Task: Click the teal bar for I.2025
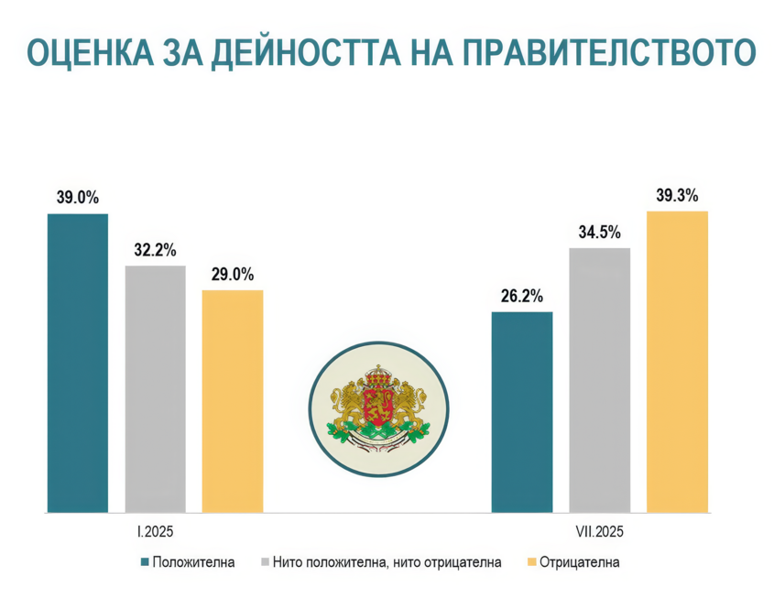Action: (78, 364)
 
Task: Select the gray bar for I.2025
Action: (156, 389)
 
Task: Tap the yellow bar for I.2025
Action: (233, 401)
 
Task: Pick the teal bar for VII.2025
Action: (522, 412)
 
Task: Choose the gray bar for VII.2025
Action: (600, 380)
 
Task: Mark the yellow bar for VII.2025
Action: (677, 362)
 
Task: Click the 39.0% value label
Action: (78, 198)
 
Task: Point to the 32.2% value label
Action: (155, 250)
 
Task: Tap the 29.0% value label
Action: (233, 275)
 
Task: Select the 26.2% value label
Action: (522, 296)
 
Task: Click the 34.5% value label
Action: (600, 232)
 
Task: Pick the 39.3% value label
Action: (677, 195)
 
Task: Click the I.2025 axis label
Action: (156, 531)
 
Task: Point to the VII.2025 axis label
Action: (599, 531)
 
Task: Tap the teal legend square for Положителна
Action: (145, 562)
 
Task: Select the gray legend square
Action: (265, 562)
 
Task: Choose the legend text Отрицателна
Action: (579, 562)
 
